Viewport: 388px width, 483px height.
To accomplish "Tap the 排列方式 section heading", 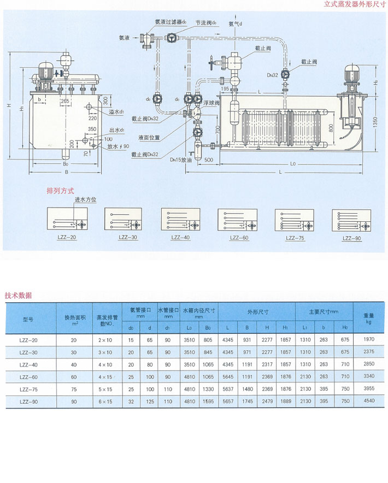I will [x=61, y=192].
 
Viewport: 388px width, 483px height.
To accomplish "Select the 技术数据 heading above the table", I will [x=18, y=296].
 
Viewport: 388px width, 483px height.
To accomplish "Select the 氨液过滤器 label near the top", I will [x=171, y=22].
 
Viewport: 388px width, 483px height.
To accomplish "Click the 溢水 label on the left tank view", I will [x=114, y=112].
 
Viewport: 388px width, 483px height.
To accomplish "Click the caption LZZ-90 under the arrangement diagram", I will [x=351, y=238].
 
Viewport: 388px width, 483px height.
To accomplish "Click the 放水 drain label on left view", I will [x=117, y=146].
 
